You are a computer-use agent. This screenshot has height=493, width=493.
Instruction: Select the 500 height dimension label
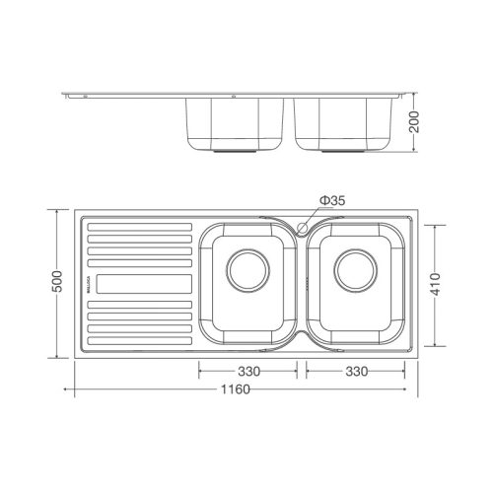(58, 283)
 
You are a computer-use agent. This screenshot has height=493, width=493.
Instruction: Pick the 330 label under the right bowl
(355, 372)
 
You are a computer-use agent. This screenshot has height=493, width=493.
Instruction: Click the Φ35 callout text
(331, 202)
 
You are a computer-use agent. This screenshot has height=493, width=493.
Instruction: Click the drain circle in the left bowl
(247, 267)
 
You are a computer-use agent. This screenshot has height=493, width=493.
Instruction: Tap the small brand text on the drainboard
(87, 284)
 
